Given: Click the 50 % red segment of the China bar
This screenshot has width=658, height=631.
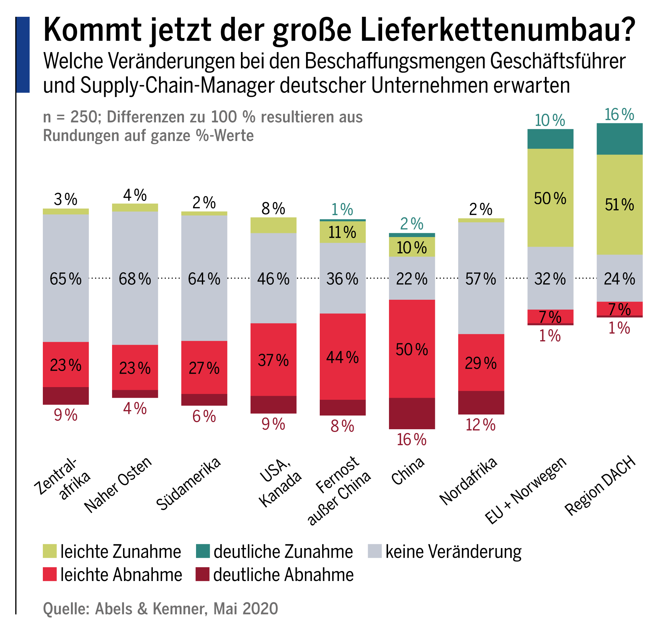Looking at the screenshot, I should (x=412, y=349).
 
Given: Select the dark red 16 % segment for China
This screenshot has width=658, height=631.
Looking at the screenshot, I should (x=412, y=413).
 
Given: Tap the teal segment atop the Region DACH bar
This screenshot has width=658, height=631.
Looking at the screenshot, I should (x=619, y=139).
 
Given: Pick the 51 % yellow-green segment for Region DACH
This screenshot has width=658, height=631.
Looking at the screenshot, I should (x=619, y=205).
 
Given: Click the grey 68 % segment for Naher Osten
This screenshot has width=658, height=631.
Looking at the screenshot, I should (x=135, y=278).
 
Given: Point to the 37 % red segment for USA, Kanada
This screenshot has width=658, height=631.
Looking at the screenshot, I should (x=273, y=360).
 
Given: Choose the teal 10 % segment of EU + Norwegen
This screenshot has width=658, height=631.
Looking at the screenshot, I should (x=550, y=139).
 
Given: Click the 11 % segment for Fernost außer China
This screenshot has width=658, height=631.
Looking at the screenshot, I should (x=342, y=232).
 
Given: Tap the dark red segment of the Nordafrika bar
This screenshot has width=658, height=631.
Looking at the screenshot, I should (x=481, y=403).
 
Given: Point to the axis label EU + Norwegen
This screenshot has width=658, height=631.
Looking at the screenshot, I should (x=526, y=490).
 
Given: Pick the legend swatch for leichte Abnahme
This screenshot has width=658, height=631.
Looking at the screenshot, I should (x=50, y=574).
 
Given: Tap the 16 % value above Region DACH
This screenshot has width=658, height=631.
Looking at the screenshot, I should (x=619, y=114).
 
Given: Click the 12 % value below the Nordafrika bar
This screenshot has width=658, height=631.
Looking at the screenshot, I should (x=480, y=425).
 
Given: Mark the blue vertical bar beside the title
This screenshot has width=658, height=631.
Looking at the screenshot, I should (x=23, y=55).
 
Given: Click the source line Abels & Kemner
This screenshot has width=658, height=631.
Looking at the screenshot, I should (x=160, y=609).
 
